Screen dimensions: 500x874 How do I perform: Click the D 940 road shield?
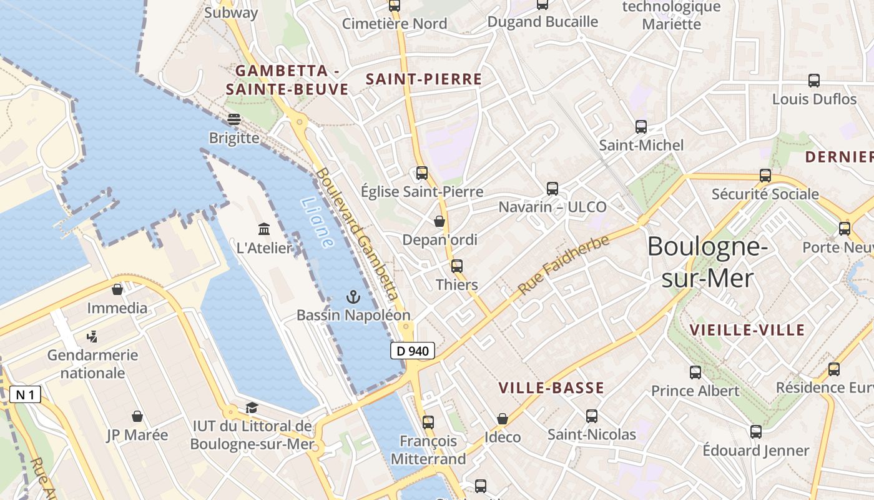413,351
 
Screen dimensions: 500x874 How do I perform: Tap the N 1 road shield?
26,394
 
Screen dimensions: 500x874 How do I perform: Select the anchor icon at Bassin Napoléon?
353,297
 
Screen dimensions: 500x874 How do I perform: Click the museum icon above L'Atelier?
264,229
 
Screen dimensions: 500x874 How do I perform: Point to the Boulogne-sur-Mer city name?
707,262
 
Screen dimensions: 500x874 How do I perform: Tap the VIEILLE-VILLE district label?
747,330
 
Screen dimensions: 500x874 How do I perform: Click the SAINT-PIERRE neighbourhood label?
424,79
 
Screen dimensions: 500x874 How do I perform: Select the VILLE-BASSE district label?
551,388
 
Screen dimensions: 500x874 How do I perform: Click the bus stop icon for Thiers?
457,266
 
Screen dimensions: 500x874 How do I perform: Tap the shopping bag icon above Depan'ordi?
439,221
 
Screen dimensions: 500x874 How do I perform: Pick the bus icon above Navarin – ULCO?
552,188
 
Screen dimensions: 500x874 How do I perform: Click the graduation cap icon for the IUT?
252,408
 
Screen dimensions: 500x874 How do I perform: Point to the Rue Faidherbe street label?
563,266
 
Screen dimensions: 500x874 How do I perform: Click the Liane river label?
317,222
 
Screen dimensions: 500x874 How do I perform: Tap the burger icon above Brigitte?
234,119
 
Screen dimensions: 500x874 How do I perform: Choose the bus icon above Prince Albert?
695,372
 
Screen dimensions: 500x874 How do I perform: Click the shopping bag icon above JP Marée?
137,416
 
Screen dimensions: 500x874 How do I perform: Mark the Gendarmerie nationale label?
93,364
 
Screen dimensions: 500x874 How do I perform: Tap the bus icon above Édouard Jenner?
756,432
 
